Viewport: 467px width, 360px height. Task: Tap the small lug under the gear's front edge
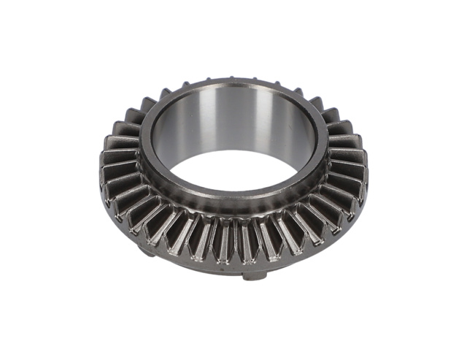click(254, 275)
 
